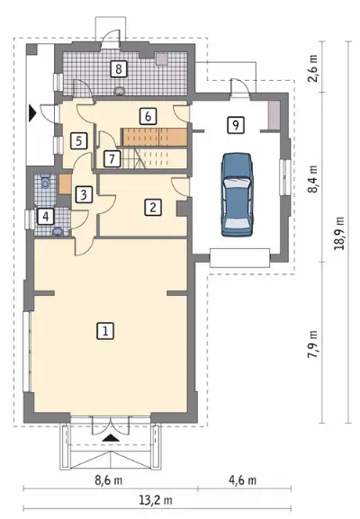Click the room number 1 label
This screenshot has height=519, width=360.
click(105, 331)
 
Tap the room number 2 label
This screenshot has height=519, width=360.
click(153, 207)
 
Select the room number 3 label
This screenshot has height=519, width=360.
click(84, 194)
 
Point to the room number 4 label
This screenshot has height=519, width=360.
click(45, 217)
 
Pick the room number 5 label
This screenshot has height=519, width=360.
click(79, 141)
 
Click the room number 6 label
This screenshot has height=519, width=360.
click(148, 116)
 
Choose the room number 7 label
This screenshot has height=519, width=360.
click(112, 159)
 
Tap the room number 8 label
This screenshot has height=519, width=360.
click(118, 69)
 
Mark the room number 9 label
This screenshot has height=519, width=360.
click(236, 125)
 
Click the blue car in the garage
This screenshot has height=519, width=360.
click(237, 195)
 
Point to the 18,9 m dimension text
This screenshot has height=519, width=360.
click(339, 233)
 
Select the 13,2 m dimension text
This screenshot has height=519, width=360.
click(156, 500)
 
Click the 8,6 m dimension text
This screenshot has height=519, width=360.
click(109, 480)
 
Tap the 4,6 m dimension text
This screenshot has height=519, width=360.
click(243, 480)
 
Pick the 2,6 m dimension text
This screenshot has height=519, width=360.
click(312, 67)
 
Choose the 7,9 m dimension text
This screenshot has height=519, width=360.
click(312, 345)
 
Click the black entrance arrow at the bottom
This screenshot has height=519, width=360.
click(111, 438)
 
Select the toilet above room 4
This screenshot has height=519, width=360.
click(45, 181)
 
